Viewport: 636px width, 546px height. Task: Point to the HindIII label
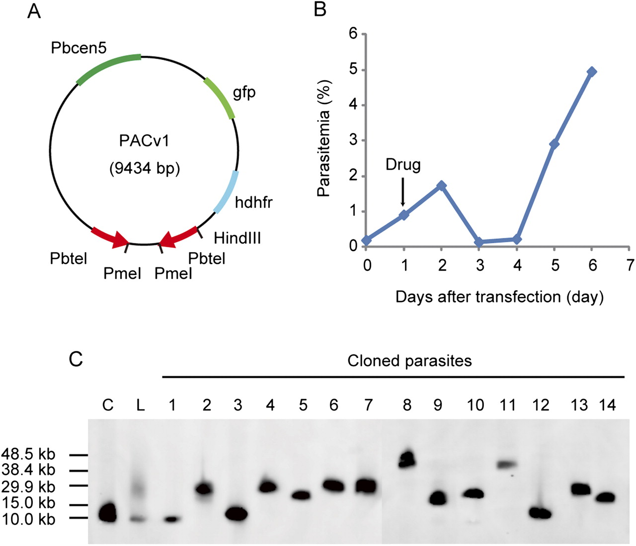(x=237, y=238)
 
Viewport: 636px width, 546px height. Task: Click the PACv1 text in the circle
(x=144, y=141)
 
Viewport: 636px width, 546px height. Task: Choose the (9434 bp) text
(x=144, y=169)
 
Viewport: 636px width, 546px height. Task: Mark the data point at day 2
(x=441, y=186)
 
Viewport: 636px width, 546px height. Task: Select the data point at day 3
(x=479, y=242)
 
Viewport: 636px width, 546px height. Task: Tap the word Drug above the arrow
(x=403, y=165)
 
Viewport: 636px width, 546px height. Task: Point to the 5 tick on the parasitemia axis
(x=354, y=70)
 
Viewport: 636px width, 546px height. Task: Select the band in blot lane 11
(x=506, y=465)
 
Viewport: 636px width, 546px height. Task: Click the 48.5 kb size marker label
(x=29, y=454)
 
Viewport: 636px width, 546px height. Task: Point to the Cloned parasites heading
(x=409, y=360)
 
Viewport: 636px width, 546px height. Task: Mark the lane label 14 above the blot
(x=607, y=405)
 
